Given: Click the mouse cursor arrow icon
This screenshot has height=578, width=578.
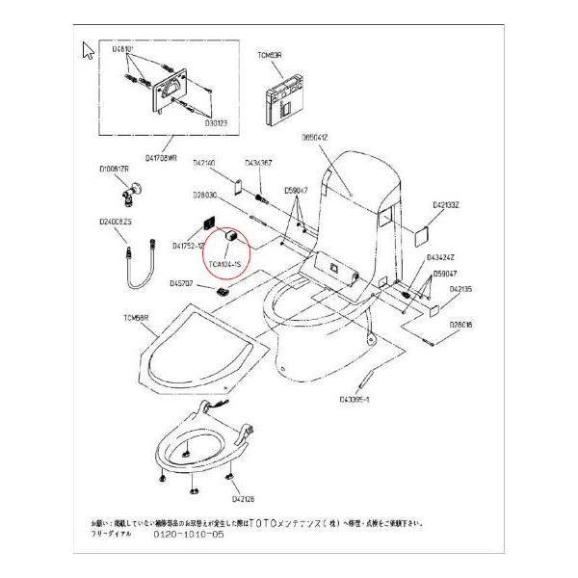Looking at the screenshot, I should [x=88, y=50].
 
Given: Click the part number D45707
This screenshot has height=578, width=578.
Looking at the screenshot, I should [x=182, y=283].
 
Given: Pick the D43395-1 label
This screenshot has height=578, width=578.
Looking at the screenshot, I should [x=355, y=396].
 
